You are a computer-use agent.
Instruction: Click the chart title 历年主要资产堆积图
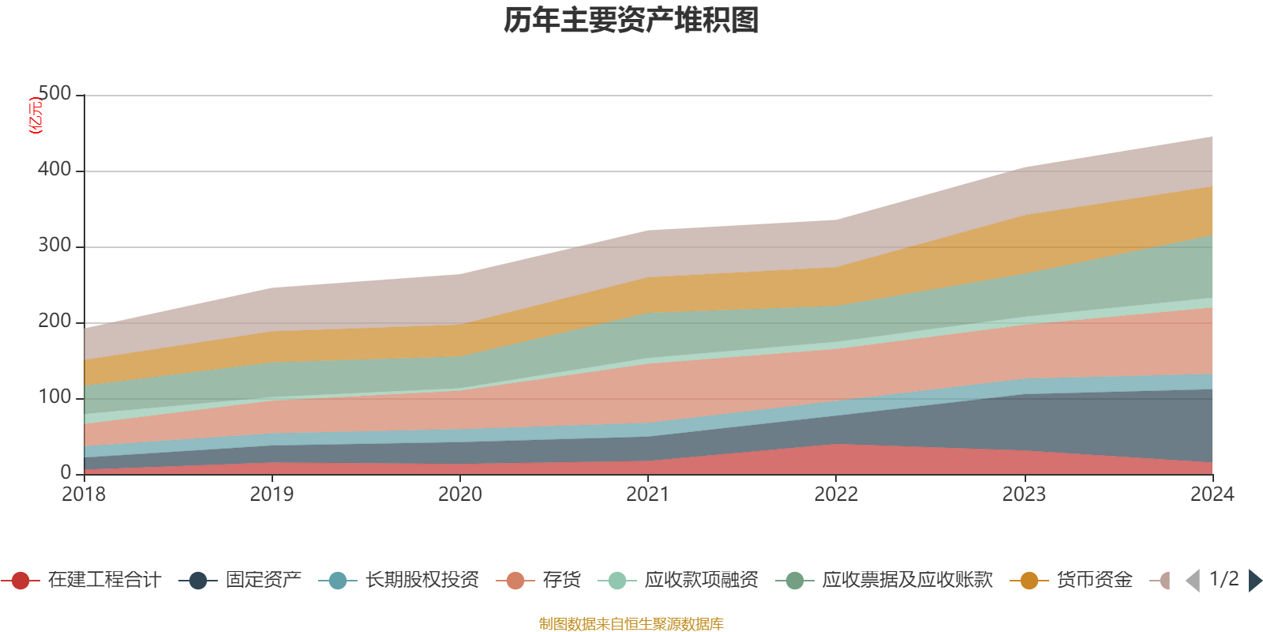point(631,21)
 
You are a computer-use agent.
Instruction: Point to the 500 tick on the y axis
point(54,94)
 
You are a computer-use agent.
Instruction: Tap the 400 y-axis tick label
point(54,170)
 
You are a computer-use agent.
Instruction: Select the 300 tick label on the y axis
point(54,246)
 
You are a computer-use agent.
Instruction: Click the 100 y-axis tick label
point(54,397)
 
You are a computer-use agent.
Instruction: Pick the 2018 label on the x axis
point(84,495)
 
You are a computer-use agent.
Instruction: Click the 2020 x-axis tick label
point(460,495)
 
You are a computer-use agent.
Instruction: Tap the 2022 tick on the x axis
point(836,495)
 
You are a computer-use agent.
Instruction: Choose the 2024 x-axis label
point(1212,495)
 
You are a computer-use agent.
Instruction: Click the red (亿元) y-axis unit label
point(36,115)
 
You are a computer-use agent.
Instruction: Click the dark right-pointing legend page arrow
point(1255,581)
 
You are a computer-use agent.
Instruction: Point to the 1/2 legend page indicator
point(1224,579)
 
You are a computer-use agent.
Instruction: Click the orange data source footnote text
point(631,624)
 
